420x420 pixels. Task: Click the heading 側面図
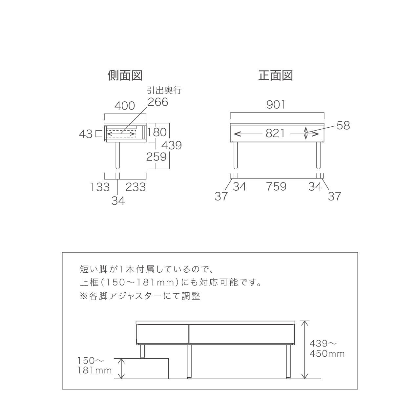[125, 75]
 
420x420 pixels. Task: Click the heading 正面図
[276, 75]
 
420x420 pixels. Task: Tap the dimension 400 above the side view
[125, 106]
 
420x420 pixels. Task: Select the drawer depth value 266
[158, 102]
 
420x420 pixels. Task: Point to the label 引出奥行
[164, 90]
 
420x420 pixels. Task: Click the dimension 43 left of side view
[86, 134]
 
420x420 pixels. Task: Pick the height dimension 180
[157, 132]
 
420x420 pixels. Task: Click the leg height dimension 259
[156, 157]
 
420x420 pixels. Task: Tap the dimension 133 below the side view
[100, 187]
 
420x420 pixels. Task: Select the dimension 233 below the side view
[136, 187]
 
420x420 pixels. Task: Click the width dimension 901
[276, 105]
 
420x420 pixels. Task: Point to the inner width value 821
[275, 133]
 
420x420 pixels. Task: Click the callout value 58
[343, 125]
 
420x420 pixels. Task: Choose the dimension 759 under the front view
[276, 187]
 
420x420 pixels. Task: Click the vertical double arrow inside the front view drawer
[306, 133]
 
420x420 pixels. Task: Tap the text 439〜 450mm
[327, 348]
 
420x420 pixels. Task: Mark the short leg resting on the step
[142, 351]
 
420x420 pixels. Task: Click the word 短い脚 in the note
[94, 269]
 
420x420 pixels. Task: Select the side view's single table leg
[117, 156]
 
